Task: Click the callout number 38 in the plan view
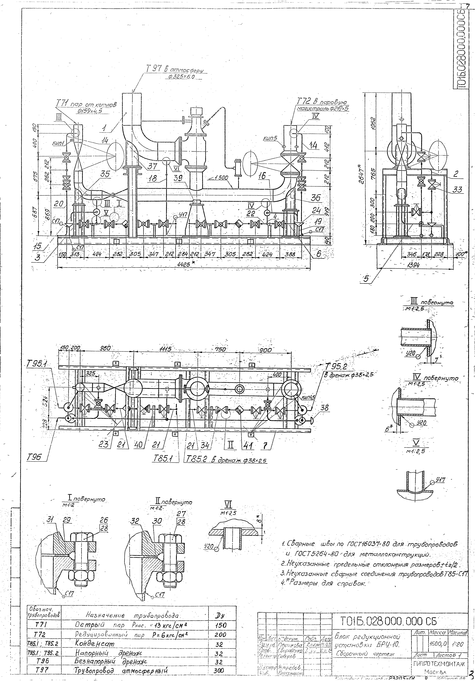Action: [325, 408]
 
